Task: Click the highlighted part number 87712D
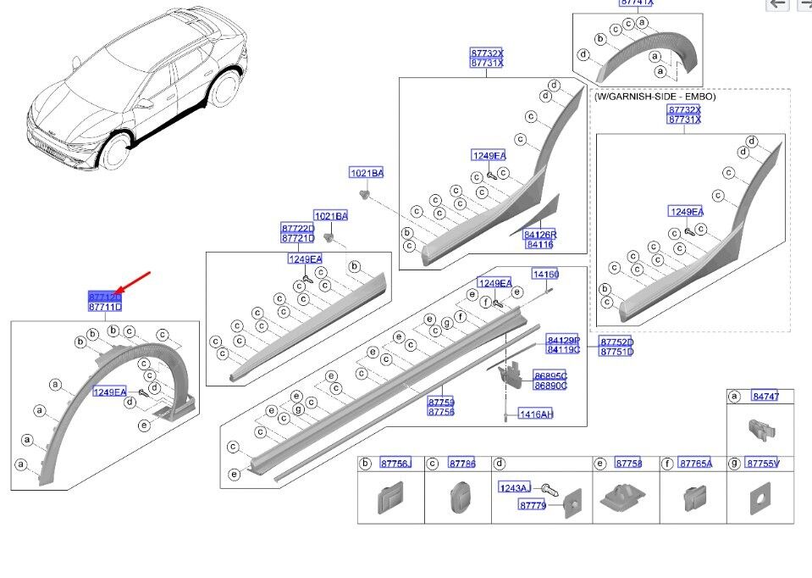pyautogui.click(x=105, y=297)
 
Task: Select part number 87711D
pyautogui.click(x=105, y=307)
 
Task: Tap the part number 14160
pyautogui.click(x=545, y=274)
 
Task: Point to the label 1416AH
pyautogui.click(x=536, y=414)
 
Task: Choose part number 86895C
pyautogui.click(x=550, y=375)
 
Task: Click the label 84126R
pyautogui.click(x=539, y=234)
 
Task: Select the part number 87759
pyautogui.click(x=440, y=402)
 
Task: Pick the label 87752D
pyautogui.click(x=616, y=342)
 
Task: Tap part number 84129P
pyautogui.click(x=563, y=339)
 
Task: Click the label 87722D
pyautogui.click(x=297, y=229)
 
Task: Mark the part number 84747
pyautogui.click(x=765, y=397)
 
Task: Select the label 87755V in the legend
pyautogui.click(x=762, y=464)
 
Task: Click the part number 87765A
pyautogui.click(x=695, y=464)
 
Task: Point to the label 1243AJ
pyautogui.click(x=514, y=488)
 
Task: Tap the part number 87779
pyautogui.click(x=533, y=505)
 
